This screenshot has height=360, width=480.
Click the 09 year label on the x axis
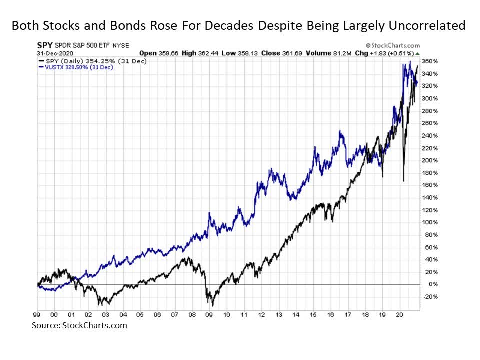pos(209,315)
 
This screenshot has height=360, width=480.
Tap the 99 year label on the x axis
pos(37,315)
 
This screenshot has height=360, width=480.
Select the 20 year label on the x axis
pos(399,315)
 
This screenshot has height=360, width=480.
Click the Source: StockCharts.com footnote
pos(79,325)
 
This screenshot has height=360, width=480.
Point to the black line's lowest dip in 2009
pos(212,305)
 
